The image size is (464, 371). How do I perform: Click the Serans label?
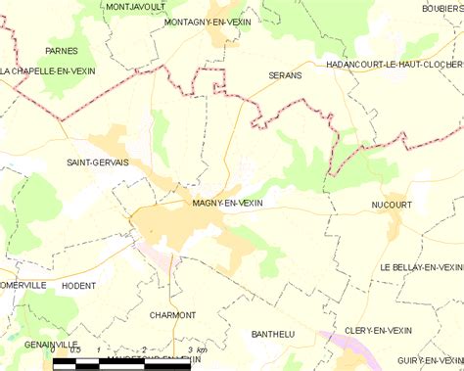tap(284, 74)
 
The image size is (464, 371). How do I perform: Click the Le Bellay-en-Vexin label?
tap(421, 267)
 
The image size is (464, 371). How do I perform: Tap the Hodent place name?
tap(78, 286)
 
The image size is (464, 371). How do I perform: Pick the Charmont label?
tap(173, 315)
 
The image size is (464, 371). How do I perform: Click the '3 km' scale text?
tap(196, 350)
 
